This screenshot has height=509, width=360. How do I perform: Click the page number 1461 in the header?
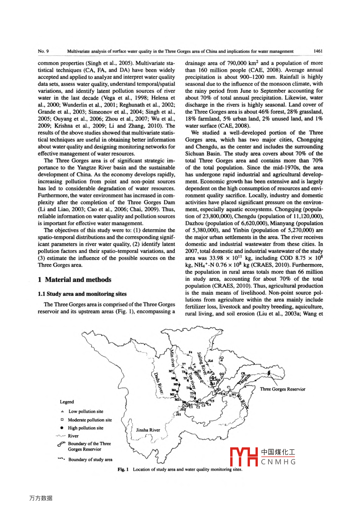coord(318,51)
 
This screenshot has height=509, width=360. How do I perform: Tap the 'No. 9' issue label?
coord(43,51)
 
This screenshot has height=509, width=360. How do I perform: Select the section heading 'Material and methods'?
coord(78,280)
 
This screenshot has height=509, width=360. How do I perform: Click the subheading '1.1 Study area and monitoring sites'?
coord(82,294)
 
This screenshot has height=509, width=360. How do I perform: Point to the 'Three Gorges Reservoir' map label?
coord(282,389)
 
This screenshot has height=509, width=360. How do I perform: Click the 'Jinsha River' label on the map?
coord(148,430)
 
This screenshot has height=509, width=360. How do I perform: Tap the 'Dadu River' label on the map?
coord(158,383)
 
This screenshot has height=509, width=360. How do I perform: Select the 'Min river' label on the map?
coord(172,358)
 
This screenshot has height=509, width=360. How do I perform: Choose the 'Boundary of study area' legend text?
coord(90,460)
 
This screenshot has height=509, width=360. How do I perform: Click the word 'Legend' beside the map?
coord(67,402)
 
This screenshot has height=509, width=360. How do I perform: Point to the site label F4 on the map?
coord(191,352)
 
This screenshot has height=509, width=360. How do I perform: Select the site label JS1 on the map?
coord(179,414)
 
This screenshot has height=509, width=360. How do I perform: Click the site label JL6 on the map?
coord(210,361)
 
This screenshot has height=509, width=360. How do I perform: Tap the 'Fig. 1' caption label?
coord(123,469)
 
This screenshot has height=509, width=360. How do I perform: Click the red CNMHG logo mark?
coord(243,457)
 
